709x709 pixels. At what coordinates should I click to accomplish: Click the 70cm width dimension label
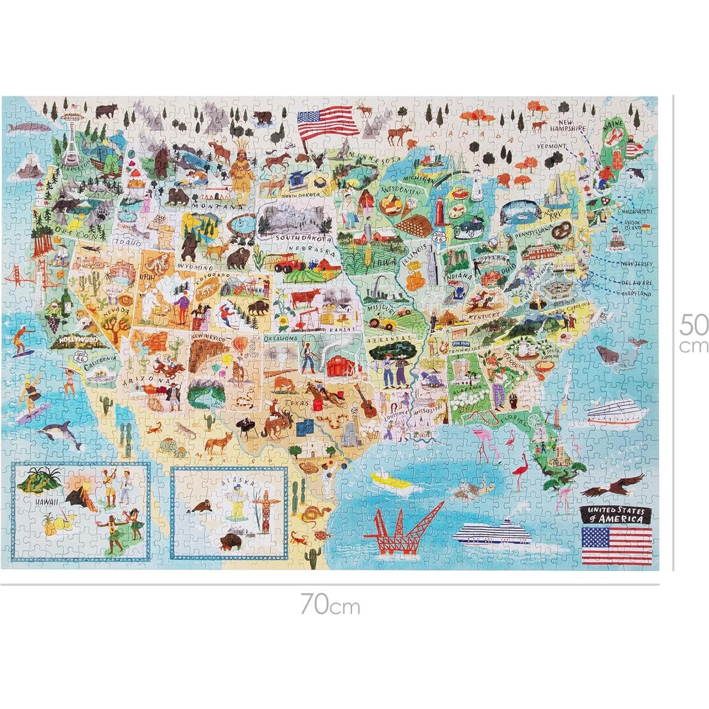pyautogui.click(x=330, y=605)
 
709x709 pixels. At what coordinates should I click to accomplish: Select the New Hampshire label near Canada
pyautogui.click(x=568, y=125)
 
